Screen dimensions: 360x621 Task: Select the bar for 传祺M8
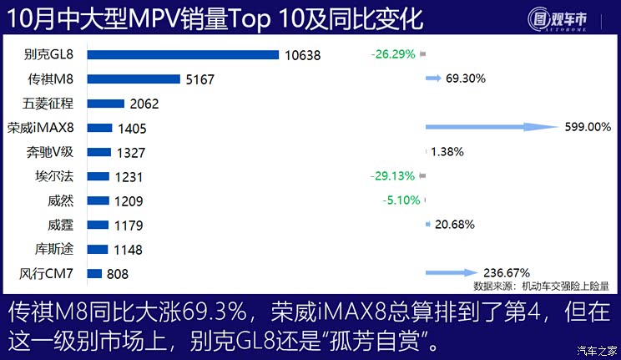click(x=133, y=79)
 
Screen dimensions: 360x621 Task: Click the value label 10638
click(x=302, y=56)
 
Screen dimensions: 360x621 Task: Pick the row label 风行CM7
click(x=48, y=273)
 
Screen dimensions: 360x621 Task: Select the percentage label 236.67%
click(x=507, y=272)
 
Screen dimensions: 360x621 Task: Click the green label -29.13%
click(x=392, y=176)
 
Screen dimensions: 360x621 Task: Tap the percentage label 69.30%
click(x=466, y=79)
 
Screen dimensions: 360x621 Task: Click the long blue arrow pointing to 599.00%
click(x=492, y=127)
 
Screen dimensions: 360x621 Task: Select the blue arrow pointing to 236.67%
click(x=452, y=272)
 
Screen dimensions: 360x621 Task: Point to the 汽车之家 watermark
click(x=598, y=350)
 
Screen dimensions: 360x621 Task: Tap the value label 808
click(x=118, y=273)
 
